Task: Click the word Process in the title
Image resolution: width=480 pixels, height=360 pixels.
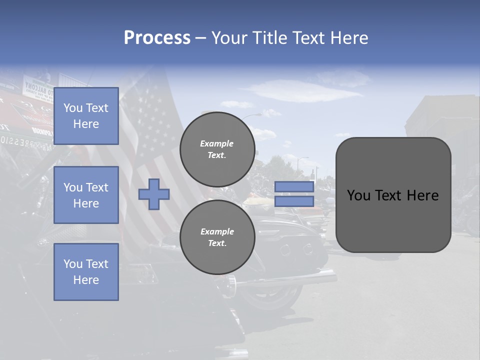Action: coord(157,38)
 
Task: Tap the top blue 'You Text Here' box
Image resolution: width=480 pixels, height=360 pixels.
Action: coord(86,116)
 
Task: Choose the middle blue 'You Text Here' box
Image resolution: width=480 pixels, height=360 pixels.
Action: coord(86,195)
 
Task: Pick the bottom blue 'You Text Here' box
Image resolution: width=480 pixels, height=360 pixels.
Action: coord(86,271)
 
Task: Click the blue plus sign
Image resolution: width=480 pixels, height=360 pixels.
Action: coord(154,194)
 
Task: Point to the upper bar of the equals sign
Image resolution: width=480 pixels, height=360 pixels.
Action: coord(294,186)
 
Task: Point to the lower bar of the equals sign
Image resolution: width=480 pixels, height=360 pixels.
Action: coord(294,201)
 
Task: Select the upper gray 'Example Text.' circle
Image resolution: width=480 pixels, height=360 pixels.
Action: coord(217,149)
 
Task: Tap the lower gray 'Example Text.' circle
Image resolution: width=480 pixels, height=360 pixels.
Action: coord(217,237)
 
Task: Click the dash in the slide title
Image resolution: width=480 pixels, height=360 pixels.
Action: coord(200,38)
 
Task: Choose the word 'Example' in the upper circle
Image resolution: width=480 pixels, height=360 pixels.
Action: coord(217,143)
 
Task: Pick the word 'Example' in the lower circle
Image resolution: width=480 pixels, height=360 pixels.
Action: coord(217,231)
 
